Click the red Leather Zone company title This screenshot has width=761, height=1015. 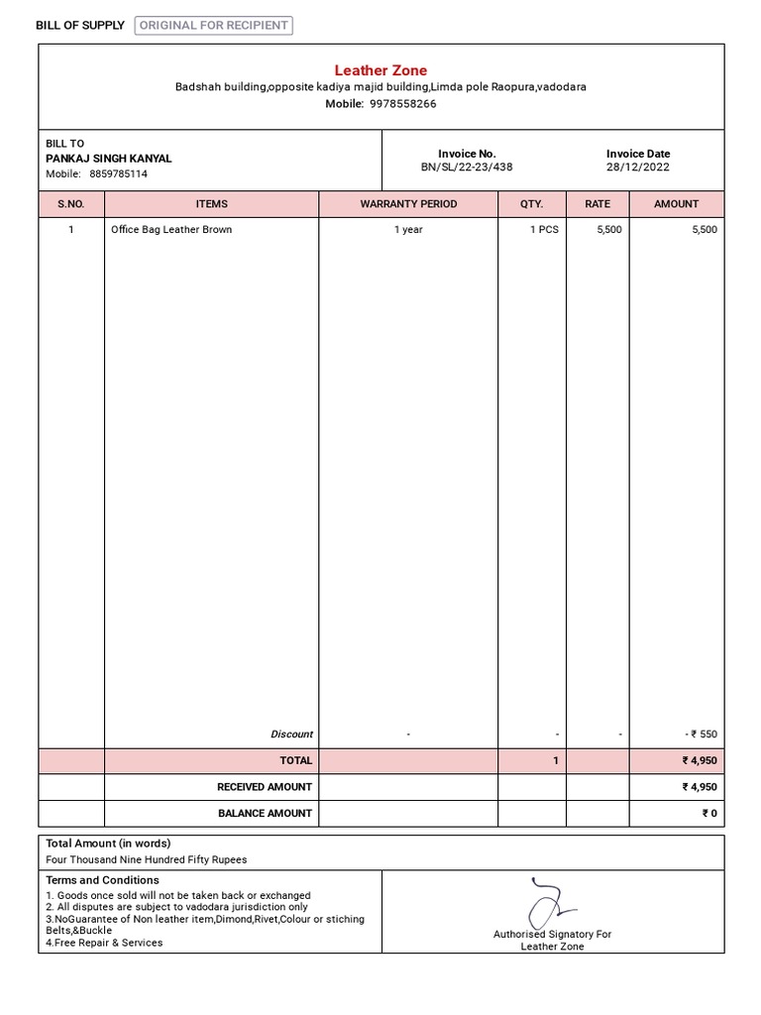[380, 70]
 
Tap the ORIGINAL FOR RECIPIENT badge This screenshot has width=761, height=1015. [214, 26]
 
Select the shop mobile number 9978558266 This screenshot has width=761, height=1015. [402, 104]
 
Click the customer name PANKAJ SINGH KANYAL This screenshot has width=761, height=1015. [109, 159]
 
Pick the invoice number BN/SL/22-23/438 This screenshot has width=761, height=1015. [467, 168]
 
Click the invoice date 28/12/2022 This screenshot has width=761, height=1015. [638, 168]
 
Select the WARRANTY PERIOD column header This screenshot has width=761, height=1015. [408, 204]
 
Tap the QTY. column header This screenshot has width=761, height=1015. [532, 204]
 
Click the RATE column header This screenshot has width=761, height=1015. [598, 204]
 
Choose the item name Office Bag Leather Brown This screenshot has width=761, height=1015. [171, 230]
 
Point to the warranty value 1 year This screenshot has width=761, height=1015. [408, 230]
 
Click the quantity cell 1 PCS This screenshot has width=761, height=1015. [543, 230]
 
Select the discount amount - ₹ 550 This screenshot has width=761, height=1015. [701, 734]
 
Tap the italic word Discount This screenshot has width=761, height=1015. [291, 734]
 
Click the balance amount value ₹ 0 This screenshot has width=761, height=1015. [709, 814]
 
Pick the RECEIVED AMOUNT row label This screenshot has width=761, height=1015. [265, 787]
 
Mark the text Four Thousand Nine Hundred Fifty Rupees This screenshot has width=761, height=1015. [147, 860]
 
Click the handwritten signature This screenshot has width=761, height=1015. [548, 902]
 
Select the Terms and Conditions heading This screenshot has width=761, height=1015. [102, 880]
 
